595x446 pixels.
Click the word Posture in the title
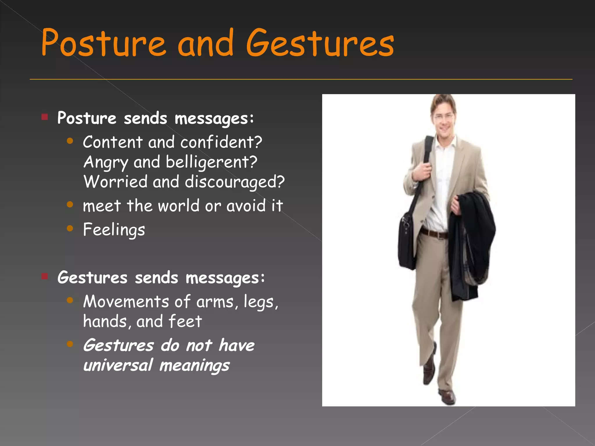103,43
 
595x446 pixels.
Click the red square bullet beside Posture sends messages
44,117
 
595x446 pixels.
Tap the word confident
221,142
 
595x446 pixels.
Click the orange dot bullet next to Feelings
70,229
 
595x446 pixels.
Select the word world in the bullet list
179,206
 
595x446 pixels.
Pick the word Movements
126,301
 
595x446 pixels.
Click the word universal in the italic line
118,365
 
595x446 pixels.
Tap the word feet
185,321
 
